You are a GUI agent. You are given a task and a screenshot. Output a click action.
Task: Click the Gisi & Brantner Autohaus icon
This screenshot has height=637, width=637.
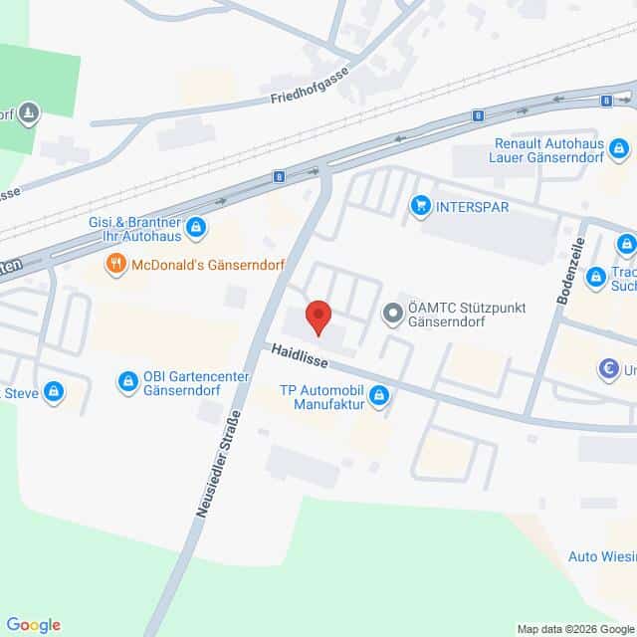(x=196, y=228)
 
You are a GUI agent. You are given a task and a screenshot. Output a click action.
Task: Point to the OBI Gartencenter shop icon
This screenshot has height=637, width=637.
(x=127, y=380)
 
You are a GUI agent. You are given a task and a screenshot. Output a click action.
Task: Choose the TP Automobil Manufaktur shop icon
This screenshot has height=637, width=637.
(x=378, y=397)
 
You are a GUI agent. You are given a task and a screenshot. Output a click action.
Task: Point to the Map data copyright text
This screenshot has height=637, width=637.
(x=574, y=628)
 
